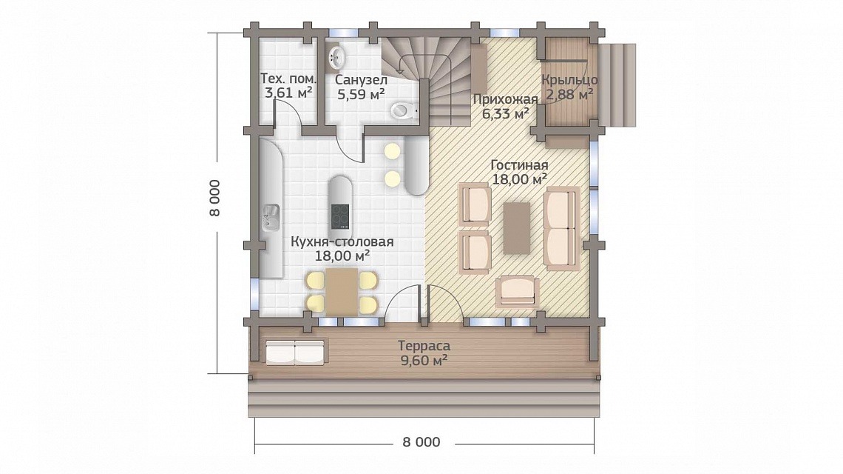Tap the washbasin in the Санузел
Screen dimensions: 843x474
[336, 56]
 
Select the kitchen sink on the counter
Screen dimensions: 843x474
[271, 217]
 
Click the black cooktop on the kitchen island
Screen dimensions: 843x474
[339, 216]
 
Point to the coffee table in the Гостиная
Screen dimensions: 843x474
[517, 228]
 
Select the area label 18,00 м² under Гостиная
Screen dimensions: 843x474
[520, 179]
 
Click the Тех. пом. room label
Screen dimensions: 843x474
[288, 78]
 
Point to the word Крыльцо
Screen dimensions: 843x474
[569, 80]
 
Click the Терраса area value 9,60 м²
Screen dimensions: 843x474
[424, 361]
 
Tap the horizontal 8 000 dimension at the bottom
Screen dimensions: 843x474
[421, 442]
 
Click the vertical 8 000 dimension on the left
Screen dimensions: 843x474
[214, 198]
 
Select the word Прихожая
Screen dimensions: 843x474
[505, 99]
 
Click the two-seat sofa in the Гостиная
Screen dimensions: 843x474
[562, 228]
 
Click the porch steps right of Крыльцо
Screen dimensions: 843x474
[617, 85]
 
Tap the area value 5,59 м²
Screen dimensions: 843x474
[361, 94]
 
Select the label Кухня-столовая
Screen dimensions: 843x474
[342, 242]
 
